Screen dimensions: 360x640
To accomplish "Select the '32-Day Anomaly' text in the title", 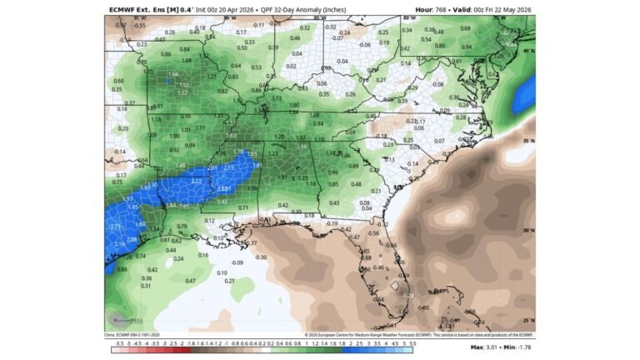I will [284, 9].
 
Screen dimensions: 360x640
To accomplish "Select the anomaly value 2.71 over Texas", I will [116, 226].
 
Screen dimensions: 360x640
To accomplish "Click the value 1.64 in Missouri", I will [173, 75].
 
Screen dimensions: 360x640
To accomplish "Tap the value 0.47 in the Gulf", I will [190, 281].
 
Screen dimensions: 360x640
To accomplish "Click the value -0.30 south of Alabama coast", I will [261, 257].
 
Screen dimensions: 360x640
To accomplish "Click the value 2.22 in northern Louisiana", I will [197, 181].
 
